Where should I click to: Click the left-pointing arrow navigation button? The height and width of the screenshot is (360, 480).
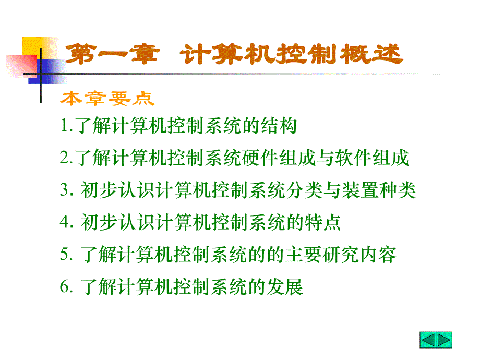click(x=428, y=340)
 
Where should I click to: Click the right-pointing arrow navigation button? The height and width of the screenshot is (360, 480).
click(x=444, y=340)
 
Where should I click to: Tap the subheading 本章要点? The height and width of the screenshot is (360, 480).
click(x=107, y=99)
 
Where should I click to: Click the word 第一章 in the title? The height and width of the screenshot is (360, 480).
click(x=113, y=54)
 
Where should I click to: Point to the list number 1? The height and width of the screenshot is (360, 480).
click(x=66, y=126)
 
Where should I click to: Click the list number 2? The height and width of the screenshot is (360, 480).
click(x=66, y=158)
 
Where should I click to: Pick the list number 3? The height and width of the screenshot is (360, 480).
click(x=66, y=190)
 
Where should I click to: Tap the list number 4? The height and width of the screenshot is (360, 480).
click(x=66, y=222)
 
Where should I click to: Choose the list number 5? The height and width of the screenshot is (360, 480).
click(x=66, y=255)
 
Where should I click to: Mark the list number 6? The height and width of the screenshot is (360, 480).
click(x=66, y=286)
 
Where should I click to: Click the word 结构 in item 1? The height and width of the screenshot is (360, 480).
click(x=279, y=126)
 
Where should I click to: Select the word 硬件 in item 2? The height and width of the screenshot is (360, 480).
click(x=260, y=158)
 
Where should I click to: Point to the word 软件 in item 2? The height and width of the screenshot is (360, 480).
click(x=353, y=158)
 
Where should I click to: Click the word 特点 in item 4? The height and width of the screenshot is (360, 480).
click(x=322, y=222)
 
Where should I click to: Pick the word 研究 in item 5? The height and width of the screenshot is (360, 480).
click(x=341, y=255)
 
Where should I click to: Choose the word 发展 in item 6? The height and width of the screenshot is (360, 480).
click(x=285, y=287)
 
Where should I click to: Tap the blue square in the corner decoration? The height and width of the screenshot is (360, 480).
click(x=47, y=71)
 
